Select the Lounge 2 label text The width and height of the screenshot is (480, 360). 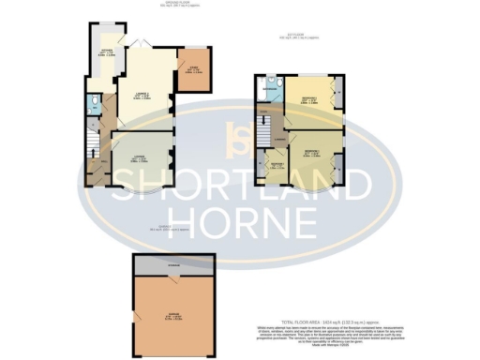click(x=142, y=95)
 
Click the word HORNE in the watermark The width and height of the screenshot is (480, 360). click(x=238, y=221)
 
